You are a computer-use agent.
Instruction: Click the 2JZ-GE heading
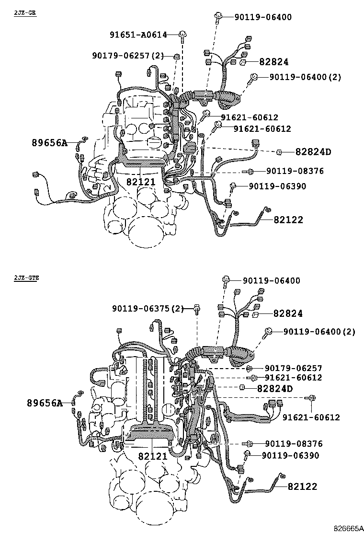[25, 12]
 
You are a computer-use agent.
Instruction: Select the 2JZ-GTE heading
[27, 278]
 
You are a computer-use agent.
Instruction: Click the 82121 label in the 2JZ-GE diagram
[141, 182]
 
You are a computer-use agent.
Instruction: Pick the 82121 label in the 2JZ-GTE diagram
[153, 456]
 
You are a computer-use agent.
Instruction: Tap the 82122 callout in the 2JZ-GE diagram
[288, 220]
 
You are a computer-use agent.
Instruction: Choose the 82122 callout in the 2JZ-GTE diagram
[302, 486]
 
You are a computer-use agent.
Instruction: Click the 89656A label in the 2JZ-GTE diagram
[45, 403]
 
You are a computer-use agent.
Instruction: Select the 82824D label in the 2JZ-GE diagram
[313, 152]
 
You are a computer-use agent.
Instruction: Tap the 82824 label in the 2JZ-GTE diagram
[288, 313]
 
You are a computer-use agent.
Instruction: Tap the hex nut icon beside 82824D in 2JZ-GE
[279, 152]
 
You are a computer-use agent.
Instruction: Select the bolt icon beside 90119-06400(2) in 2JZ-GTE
[269, 331]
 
